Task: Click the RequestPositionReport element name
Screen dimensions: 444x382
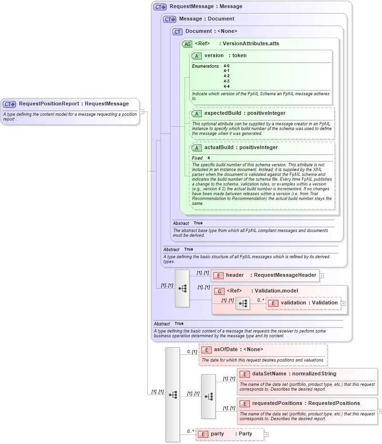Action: tap(50, 104)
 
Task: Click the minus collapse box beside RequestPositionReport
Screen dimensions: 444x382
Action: tap(142, 111)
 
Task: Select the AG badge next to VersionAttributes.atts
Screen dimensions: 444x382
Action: tap(187, 44)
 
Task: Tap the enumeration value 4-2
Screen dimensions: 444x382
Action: tap(227, 76)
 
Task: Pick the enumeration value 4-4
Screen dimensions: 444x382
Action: tap(227, 87)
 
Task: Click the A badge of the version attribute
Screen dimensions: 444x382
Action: tap(196, 56)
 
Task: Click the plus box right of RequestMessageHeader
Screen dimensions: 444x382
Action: tap(322, 275)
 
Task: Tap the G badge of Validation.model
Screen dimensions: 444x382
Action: tap(219, 291)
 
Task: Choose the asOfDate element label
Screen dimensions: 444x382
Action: tap(226, 350)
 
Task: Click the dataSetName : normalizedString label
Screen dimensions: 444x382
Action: tap(294, 374)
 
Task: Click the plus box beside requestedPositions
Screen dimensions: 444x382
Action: tap(380, 411)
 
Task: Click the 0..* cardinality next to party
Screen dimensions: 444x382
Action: tap(190, 432)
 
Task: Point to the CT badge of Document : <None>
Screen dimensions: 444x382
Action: tap(178, 31)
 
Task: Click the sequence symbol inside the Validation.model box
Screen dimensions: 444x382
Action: tap(243, 303)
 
